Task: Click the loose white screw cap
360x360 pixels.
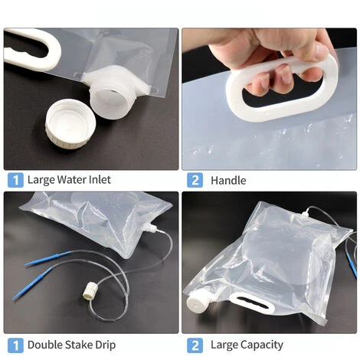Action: tap(70, 126)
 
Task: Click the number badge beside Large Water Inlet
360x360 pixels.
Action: tap(15, 180)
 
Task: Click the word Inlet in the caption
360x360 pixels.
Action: tap(100, 179)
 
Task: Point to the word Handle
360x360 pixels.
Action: tap(228, 181)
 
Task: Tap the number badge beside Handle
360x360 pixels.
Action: tap(195, 180)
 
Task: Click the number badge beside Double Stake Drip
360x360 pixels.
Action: tap(15, 345)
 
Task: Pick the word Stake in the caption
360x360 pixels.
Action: tap(79, 345)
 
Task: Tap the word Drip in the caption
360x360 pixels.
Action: tap(106, 345)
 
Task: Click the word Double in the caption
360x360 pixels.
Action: tap(45, 345)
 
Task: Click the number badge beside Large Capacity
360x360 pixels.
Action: tap(195, 345)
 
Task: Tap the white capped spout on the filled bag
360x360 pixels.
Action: tap(197, 301)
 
